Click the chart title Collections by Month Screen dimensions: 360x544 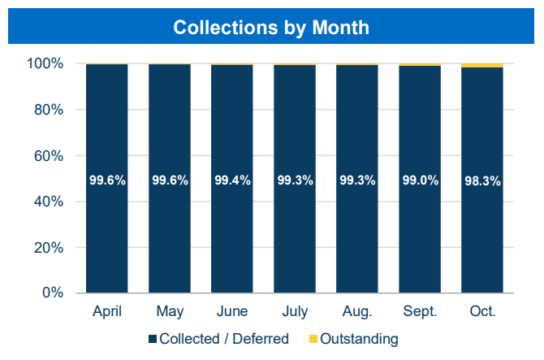click(x=271, y=28)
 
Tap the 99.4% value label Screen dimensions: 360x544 click(x=231, y=180)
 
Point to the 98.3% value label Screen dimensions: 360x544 click(x=481, y=180)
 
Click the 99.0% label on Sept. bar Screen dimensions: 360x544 click(x=419, y=180)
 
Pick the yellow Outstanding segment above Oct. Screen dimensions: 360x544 click(x=481, y=65)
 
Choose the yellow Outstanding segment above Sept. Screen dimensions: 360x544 click(x=419, y=64)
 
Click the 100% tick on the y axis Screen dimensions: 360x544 click(x=45, y=63)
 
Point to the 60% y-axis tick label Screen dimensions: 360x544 click(x=49, y=155)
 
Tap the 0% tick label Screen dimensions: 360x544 click(x=52, y=293)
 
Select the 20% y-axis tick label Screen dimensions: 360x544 click(x=49, y=247)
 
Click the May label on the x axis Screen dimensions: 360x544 click(x=169, y=312)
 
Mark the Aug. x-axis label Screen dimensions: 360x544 click(x=356, y=312)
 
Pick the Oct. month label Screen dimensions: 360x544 click(x=481, y=312)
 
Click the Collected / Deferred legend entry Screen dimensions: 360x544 click(x=224, y=339)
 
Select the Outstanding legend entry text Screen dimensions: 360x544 click(x=359, y=339)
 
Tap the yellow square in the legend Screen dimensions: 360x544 click(x=313, y=339)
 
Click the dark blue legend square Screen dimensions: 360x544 click(x=153, y=339)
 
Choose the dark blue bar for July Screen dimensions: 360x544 click(x=294, y=236)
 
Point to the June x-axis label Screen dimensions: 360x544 click(x=231, y=312)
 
